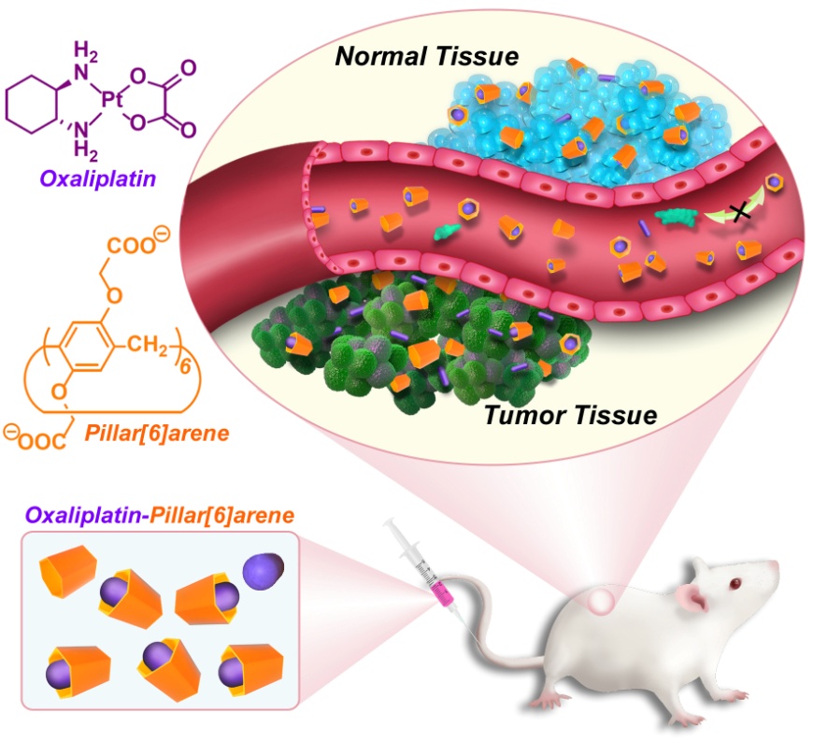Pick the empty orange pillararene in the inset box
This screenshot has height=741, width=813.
[x=68, y=572]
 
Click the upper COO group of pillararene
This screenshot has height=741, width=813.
[x=133, y=247]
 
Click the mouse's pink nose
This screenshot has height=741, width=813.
[x=777, y=570]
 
